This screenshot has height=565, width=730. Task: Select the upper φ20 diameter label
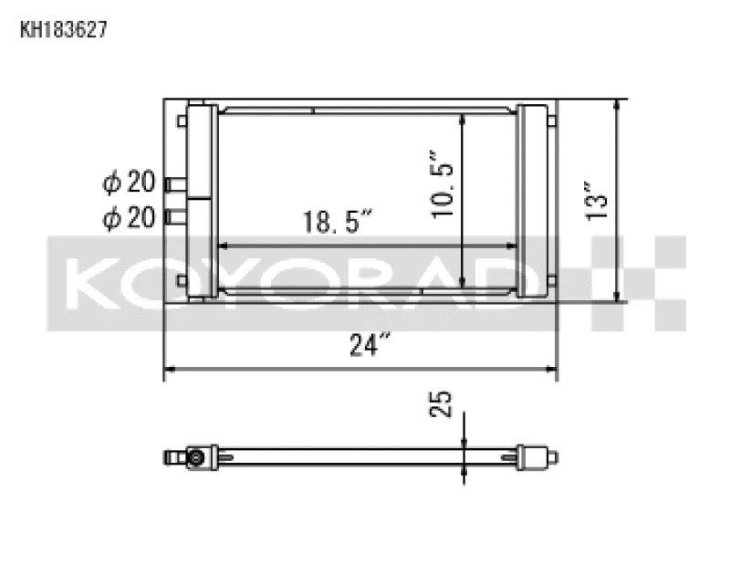click(128, 183)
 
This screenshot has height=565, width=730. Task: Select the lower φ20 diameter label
click(128, 217)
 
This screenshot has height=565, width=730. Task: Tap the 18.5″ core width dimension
click(339, 223)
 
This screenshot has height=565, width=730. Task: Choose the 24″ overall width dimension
click(370, 345)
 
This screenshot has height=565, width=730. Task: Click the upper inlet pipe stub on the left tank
click(173, 184)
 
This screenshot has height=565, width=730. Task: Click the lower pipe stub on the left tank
click(173, 217)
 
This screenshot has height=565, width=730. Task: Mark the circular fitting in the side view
click(195, 456)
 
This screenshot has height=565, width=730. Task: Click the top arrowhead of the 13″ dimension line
click(620, 104)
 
